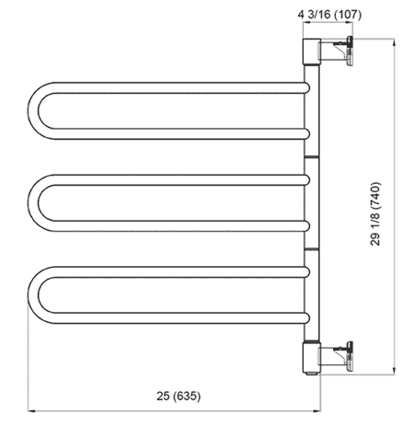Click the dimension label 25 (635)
[x=178, y=396]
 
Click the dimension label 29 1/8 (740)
[x=375, y=213]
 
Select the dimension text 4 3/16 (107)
[x=329, y=15]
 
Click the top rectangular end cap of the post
[x=312, y=52]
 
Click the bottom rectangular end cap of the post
[x=312, y=357]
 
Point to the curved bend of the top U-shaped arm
[x=33, y=110]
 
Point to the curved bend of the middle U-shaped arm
[x=33, y=202]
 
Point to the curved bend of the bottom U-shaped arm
[x=33, y=294]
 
